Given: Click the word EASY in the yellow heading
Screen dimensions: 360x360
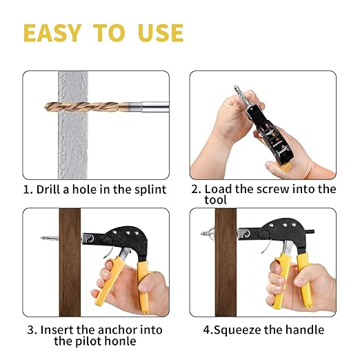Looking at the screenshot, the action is (x=52, y=33).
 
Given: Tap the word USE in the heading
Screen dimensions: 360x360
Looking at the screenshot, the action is (x=161, y=33).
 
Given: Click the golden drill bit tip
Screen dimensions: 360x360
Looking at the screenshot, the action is (x=46, y=107).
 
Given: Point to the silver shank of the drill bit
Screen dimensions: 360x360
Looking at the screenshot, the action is (x=155, y=107).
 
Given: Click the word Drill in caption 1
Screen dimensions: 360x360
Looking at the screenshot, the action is (x=49, y=190).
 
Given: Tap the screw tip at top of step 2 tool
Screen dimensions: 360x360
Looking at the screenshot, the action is (x=236, y=88).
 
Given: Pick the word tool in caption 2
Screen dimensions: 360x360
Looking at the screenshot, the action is (x=215, y=200).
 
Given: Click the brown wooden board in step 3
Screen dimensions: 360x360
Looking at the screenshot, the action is (x=70, y=262).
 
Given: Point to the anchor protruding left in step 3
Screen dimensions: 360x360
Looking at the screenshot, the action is (x=50, y=238).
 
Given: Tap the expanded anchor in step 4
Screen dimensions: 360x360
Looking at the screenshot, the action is (x=208, y=232).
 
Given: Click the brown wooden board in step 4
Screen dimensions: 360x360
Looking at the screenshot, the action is (x=226, y=262).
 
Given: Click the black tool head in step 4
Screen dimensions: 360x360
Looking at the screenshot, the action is (x=276, y=233).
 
